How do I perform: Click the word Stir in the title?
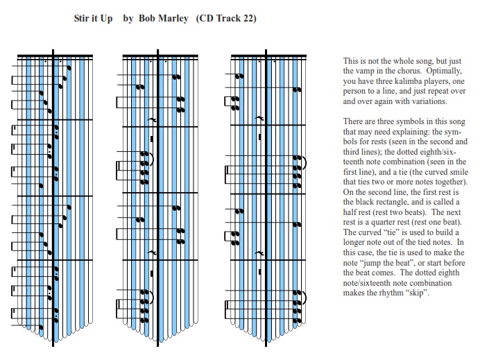pos(81,18)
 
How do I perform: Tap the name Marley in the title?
pos(173,19)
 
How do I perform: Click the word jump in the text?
pos(368,264)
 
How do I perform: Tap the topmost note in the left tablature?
pos(69,68)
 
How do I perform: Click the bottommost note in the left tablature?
pos(42,327)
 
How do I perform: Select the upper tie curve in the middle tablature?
pos(151,159)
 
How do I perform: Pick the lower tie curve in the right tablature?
pos(304,298)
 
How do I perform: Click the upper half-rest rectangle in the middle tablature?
pos(152,139)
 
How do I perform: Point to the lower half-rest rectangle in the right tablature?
pos(260,272)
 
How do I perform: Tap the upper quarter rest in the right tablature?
pos(259,118)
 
